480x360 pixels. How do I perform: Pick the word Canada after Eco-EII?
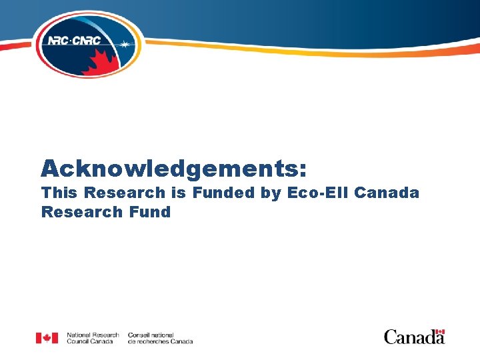pos(387,193)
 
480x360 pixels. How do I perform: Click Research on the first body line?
pos(122,193)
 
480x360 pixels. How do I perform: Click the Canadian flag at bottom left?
pos(47,338)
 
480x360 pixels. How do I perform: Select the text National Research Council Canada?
pos(93,338)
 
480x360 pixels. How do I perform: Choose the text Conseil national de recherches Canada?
pos(160,338)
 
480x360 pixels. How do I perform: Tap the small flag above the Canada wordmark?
pos(439,331)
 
